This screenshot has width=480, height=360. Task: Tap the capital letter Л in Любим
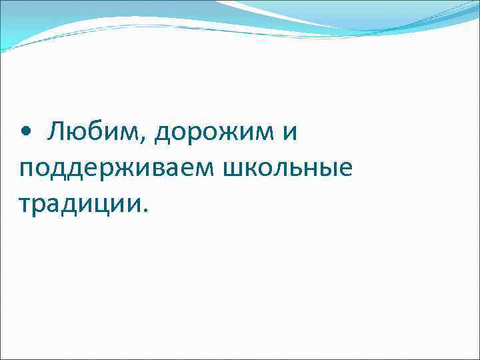(x=57, y=132)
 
